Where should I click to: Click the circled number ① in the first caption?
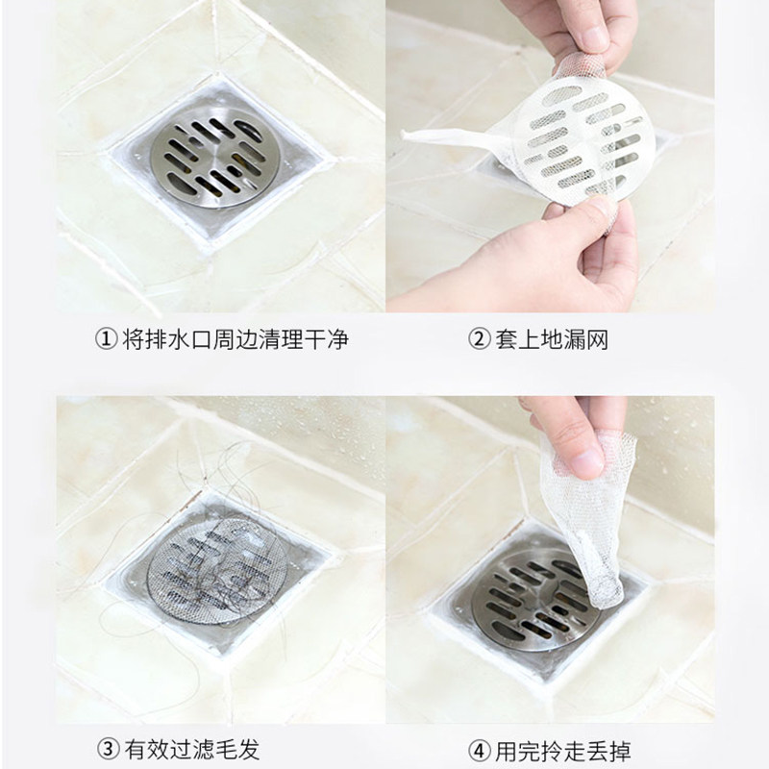point(106,339)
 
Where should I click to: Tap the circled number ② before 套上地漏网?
point(479,339)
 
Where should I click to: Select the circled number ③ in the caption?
point(108,750)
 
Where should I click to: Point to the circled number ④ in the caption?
point(479,750)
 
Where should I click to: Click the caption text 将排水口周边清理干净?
point(236,339)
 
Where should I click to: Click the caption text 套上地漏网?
point(552,339)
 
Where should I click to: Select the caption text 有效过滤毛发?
point(191,750)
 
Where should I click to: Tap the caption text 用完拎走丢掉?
point(563,750)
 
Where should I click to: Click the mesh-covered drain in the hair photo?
point(216,571)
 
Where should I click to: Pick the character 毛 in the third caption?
point(226,750)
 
